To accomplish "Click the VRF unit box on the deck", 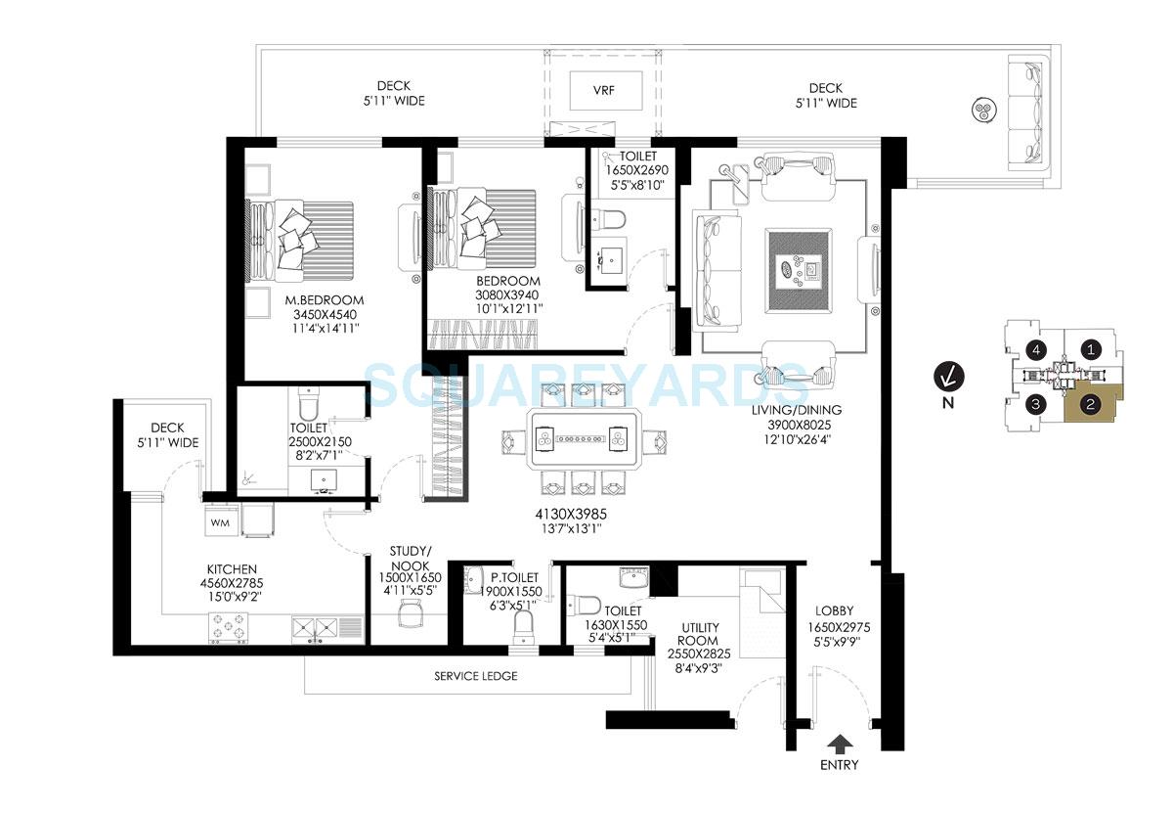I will coord(604,91).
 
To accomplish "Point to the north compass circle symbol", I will coord(945,375).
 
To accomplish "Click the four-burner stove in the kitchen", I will coord(228,626).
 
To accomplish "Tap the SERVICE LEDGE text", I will coord(476,676).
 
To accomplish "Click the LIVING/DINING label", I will coord(797,410).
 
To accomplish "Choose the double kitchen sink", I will coord(314,627).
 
